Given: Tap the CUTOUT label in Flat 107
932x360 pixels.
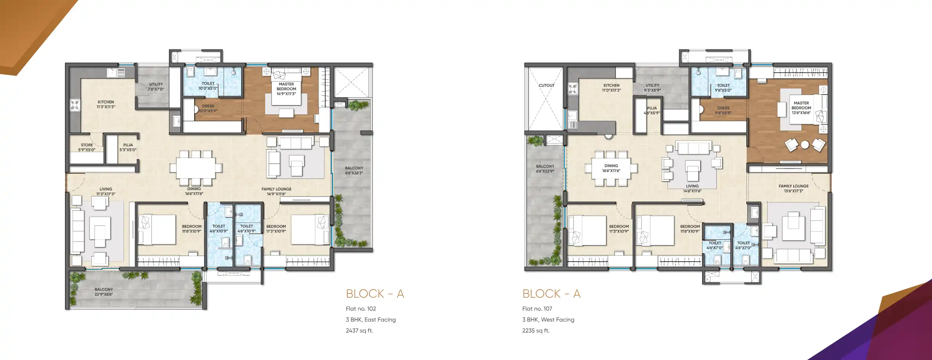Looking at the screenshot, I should pos(546,85).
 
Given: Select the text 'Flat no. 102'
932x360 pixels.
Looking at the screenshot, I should pos(360,309).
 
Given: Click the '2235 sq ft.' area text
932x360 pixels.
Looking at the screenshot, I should pos(535,331).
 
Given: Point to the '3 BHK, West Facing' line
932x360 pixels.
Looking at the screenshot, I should pos(548,320).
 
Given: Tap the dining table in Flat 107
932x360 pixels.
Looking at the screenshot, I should pos(611,168).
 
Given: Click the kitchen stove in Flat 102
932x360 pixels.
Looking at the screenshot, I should pos(75,105).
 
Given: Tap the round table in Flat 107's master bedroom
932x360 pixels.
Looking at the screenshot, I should pos(805,145).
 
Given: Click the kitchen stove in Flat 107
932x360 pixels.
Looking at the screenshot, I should pos(573,89).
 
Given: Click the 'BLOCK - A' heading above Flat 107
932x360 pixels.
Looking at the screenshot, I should pos(551,293).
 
